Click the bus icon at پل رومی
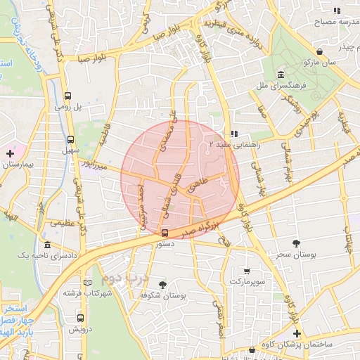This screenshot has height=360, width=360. pos(69,97)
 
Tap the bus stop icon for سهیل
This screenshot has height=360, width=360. pos(70,139)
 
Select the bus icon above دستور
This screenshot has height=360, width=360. pos(165,233)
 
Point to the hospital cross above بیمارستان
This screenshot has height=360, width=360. pos(10,153)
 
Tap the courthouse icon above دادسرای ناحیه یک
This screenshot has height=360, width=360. pos(47,245)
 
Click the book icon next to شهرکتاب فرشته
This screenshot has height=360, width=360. pos(87,283)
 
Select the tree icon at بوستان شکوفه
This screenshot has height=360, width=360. pos(163,285)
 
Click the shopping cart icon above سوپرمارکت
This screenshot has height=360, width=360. pos(247,271)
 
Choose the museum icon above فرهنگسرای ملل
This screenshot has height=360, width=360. pos(281,75)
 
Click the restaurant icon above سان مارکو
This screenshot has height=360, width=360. pos(321,51)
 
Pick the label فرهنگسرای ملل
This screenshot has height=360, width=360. pos(281,86)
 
